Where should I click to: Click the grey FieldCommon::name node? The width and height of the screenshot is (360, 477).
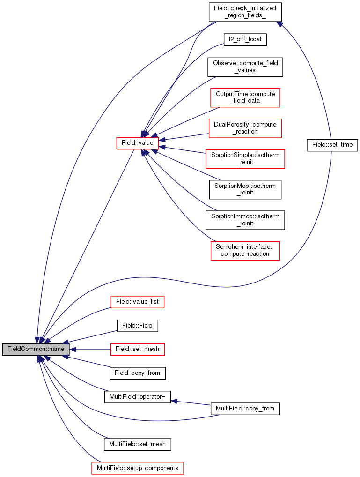36,349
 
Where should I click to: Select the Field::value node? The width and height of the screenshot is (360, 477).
138,143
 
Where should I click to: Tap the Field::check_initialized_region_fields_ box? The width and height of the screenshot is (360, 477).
245,12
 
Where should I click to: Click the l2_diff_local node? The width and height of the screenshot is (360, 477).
245,39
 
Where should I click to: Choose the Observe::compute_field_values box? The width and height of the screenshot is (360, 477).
245,67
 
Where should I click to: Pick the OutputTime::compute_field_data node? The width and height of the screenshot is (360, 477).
245,97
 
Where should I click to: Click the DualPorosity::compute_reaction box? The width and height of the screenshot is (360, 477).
245,128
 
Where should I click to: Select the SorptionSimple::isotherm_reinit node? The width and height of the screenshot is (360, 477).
245,158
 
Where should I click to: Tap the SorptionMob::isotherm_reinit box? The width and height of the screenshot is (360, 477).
245,189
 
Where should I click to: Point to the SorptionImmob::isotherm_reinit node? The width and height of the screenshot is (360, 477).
245,220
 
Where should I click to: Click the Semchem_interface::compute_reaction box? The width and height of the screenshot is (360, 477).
245,251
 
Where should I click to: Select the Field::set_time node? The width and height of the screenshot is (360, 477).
332,145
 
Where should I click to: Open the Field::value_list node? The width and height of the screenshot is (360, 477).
138,302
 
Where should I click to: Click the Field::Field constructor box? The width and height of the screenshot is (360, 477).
138,326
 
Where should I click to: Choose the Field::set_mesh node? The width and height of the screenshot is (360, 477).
138,349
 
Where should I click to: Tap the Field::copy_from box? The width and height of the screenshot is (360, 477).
138,373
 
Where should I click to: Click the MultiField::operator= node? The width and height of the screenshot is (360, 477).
138,397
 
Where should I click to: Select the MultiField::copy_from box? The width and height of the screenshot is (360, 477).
245,409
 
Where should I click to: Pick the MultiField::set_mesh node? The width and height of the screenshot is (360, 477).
138,444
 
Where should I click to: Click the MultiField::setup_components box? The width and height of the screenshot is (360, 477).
138,468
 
